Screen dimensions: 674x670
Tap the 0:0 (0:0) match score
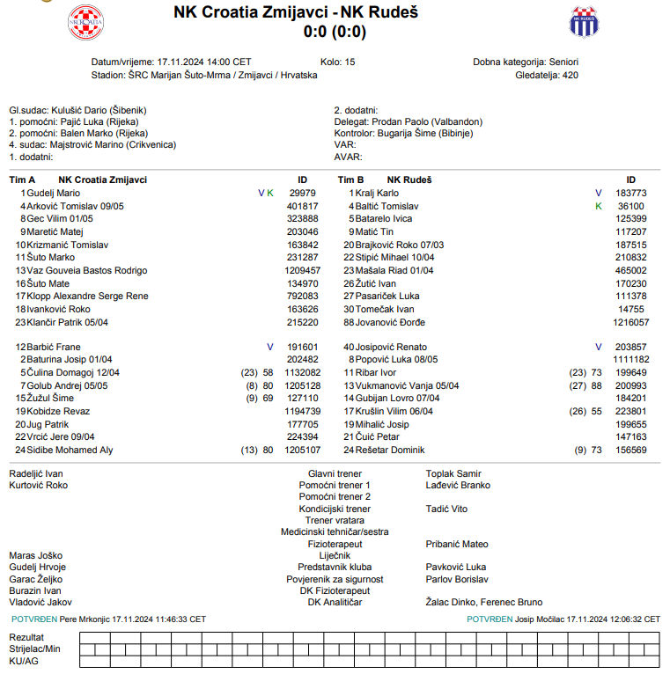click(335, 32)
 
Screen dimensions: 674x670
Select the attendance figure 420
click(571, 75)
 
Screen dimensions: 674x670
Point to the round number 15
click(350, 62)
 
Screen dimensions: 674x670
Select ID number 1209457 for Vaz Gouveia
click(303, 270)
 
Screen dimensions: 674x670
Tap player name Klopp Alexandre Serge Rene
click(88, 296)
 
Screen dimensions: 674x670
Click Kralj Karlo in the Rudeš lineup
click(377, 193)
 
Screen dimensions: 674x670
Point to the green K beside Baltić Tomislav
click(598, 206)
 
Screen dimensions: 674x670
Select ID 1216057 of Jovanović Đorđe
click(631, 322)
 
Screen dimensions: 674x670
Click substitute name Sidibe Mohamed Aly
click(70, 451)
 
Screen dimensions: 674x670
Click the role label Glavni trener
click(335, 473)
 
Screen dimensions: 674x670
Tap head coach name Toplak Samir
click(453, 473)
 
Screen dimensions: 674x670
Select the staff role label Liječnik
click(335, 555)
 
